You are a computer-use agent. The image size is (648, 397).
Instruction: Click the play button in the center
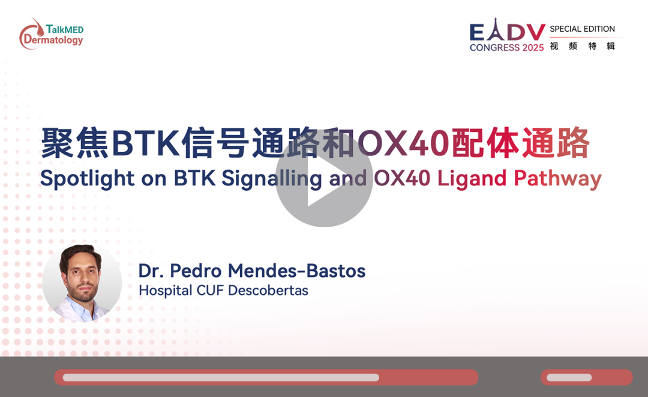(x=324, y=178)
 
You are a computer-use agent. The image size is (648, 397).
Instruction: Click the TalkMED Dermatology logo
(x=51, y=34)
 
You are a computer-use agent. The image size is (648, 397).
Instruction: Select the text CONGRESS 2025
(x=506, y=47)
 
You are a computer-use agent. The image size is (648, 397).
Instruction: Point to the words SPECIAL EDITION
(x=582, y=29)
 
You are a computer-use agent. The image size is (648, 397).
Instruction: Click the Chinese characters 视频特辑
(x=583, y=46)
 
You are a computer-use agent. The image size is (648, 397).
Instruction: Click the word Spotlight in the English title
(x=87, y=179)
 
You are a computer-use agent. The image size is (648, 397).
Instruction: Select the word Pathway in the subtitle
(x=557, y=179)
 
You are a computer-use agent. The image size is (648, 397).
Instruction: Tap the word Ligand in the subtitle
(x=472, y=179)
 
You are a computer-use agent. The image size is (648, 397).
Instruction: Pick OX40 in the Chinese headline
(x=403, y=143)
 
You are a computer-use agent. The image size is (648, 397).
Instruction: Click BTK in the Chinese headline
(x=145, y=143)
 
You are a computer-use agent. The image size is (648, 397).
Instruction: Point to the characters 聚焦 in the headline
(x=75, y=143)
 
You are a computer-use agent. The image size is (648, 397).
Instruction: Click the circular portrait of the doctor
(x=82, y=283)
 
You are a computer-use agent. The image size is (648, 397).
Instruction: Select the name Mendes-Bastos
(x=296, y=271)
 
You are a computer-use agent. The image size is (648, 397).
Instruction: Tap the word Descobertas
(x=268, y=290)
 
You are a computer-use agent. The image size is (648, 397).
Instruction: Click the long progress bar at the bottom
(x=266, y=377)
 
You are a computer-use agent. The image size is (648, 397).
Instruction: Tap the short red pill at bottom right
(x=586, y=377)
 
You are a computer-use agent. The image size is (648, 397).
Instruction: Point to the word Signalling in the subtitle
(x=272, y=179)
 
